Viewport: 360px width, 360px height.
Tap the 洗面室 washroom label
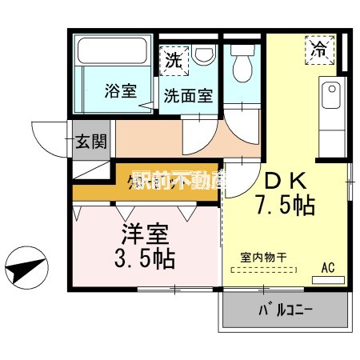tap(188, 95)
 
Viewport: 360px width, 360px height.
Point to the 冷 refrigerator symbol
tap(319, 48)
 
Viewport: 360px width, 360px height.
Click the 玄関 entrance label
tap(87, 143)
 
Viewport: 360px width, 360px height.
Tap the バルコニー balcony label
tap(285, 309)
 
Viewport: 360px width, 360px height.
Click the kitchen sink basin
tap(330, 99)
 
